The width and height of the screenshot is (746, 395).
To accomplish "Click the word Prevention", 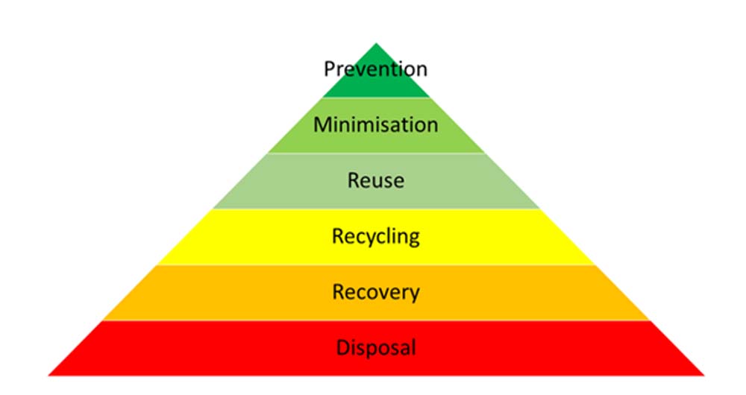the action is tap(376, 69).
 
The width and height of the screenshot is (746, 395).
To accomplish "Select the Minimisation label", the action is tap(376, 124).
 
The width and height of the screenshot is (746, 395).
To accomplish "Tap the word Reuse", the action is tap(376, 180).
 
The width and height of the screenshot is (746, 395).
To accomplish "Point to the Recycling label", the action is tap(376, 237).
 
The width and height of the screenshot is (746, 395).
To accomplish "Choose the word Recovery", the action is tap(376, 292).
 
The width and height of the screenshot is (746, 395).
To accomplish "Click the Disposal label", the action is tap(376, 347).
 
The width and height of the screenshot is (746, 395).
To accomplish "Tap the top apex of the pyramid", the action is tap(376, 43).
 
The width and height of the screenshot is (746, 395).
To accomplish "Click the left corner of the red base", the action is tap(48, 375).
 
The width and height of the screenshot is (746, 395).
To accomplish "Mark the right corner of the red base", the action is tap(703, 375).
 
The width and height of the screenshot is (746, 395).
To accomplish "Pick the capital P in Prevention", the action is tap(330, 69).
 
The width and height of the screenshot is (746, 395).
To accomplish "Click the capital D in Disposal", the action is tap(342, 347).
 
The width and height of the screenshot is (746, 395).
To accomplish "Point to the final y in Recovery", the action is tap(415, 294).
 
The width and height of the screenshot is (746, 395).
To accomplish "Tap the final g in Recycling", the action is tap(414, 239).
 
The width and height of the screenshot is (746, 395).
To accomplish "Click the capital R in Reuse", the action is tap(354, 180).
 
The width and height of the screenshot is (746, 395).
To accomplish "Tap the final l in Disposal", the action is tap(414, 347).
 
